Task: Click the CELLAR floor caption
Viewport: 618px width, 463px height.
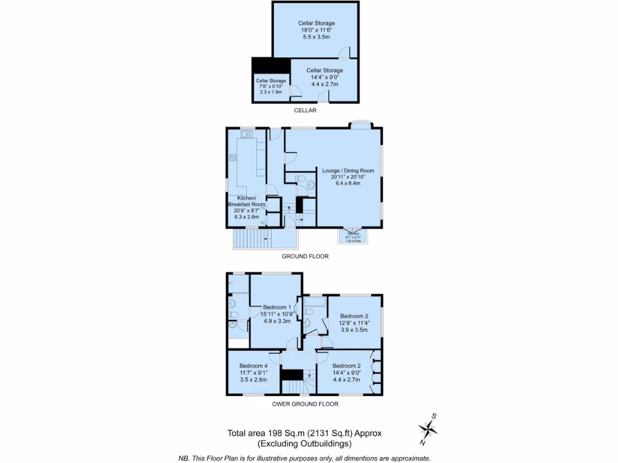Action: [x=305, y=110]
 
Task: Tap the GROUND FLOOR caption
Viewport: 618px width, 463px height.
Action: [x=305, y=256]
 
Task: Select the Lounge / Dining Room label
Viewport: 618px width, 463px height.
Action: [x=348, y=170]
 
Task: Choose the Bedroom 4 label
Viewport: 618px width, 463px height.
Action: [x=253, y=366]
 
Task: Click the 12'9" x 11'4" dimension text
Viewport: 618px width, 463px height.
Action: [x=354, y=323]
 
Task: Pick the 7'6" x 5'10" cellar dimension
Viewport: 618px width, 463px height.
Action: [x=271, y=86]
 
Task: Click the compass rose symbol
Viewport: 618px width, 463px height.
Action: [x=428, y=429]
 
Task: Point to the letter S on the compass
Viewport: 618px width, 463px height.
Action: [x=435, y=416]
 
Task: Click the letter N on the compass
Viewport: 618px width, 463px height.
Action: [x=422, y=443]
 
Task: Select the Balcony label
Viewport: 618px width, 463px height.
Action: [x=353, y=233]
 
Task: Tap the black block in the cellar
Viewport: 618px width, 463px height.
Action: [x=263, y=65]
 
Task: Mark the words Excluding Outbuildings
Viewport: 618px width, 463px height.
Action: [x=305, y=444]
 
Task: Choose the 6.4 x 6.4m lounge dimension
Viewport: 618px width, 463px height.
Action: [x=348, y=184]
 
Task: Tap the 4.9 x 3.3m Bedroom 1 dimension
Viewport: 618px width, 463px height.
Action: [x=277, y=321]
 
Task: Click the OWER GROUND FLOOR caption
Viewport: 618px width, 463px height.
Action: [x=305, y=404]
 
